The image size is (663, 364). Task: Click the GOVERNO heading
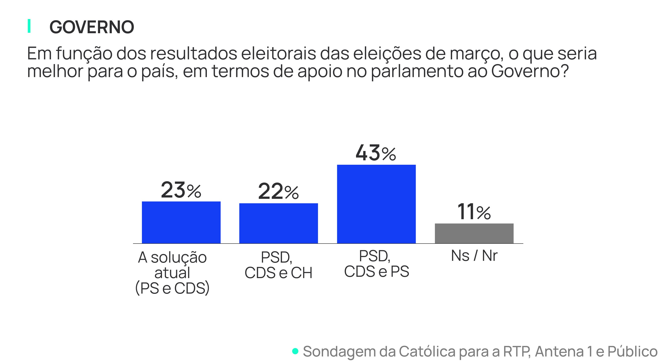pos(92,27)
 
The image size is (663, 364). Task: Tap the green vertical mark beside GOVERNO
pos(29,26)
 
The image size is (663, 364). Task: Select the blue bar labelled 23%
pos(181,222)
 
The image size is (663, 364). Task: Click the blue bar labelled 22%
pos(278,223)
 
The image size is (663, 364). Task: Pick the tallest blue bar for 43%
pos(376,204)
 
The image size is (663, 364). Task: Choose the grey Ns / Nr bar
pos(474,233)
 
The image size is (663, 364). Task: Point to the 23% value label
pos(181,190)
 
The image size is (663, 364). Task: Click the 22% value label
pos(278,192)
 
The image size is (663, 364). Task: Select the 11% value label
pos(474,212)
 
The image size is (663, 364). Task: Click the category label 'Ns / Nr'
pos(474,256)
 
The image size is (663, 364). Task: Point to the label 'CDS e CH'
pos(278,273)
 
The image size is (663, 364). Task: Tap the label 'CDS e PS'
pos(377,271)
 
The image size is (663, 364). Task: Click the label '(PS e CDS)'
pos(172,288)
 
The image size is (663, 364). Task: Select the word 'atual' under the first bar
pos(172,273)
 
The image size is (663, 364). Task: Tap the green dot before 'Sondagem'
pos(295,351)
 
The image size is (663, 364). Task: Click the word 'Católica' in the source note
pos(427,351)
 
